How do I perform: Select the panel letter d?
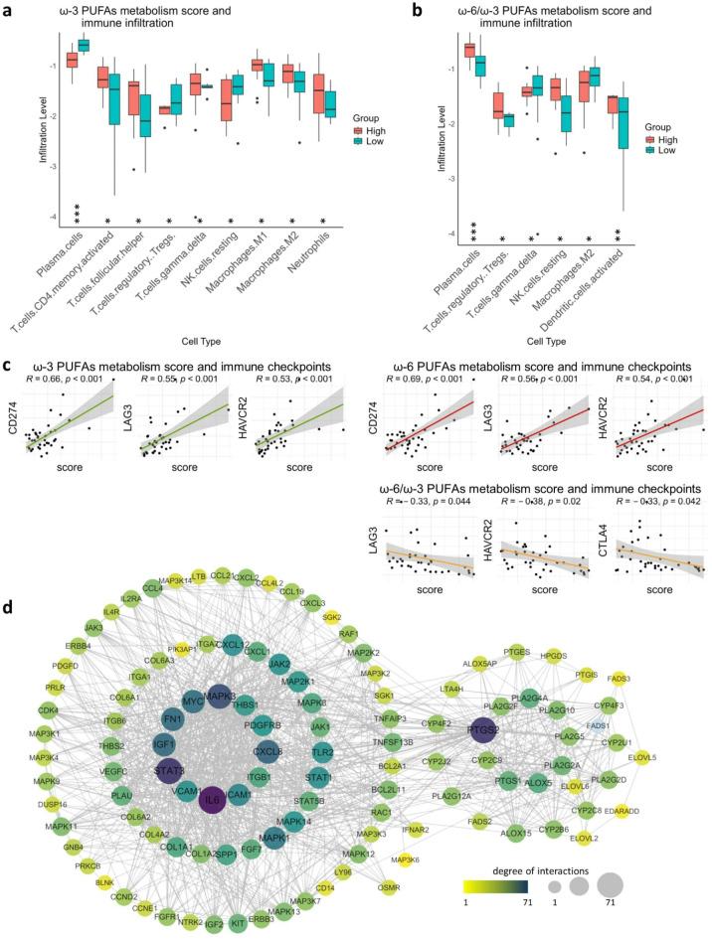pos(8,548)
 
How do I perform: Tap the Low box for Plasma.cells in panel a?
pos(84,45)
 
